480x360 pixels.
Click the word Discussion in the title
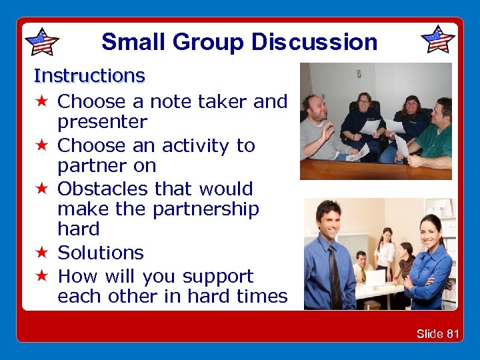coord(315,42)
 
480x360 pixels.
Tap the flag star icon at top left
coord(41,42)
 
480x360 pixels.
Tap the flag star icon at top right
coord(438,40)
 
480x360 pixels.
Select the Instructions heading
coord(89,76)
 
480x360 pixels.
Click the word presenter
coord(102,122)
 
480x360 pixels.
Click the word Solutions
coord(101,253)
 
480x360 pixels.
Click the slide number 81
coord(453,333)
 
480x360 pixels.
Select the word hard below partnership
coord(78,229)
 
